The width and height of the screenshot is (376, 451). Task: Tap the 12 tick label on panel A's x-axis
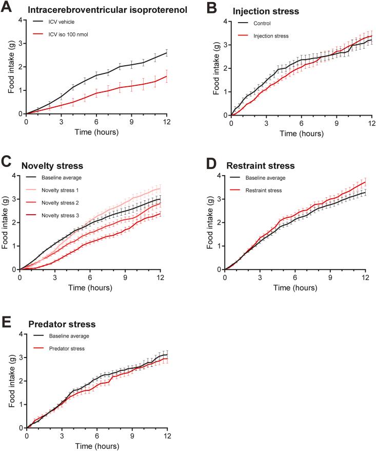pos(167,122)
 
